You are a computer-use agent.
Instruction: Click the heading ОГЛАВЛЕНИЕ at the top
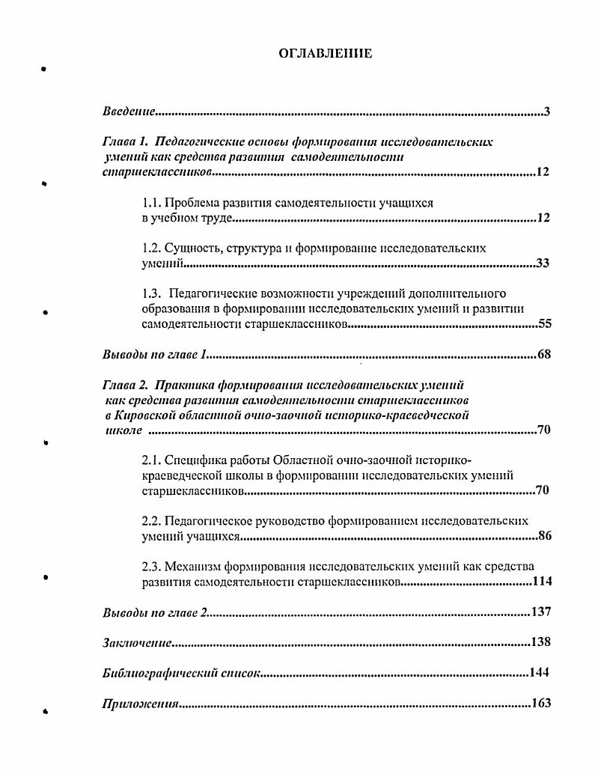(325, 53)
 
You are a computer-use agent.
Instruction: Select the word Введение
(128, 112)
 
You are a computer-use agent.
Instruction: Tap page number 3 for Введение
(547, 112)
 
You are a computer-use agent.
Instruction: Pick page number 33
(543, 263)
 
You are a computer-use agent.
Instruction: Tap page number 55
(544, 324)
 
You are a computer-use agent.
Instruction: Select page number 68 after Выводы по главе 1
(543, 354)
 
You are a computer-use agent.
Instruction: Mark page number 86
(544, 536)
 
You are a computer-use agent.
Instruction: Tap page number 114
(542, 582)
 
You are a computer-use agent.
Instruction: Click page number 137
(540, 612)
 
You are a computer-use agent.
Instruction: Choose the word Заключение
(138, 643)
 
